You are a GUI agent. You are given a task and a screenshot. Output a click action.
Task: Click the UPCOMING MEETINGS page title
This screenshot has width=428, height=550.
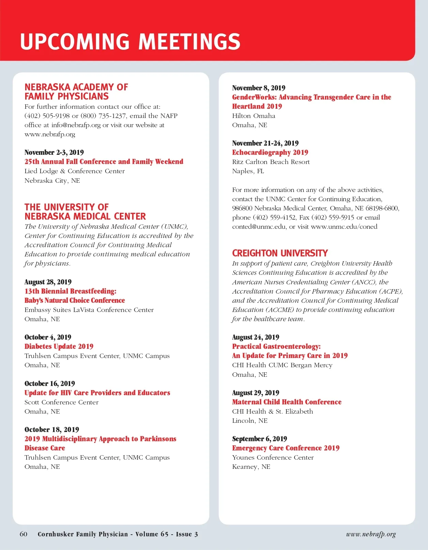[130, 42]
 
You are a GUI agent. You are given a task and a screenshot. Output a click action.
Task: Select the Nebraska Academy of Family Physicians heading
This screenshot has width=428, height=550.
[76, 92]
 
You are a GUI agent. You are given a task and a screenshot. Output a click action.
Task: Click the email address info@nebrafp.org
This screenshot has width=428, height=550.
[76, 125]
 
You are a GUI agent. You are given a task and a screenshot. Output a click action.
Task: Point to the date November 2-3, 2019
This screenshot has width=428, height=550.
[54, 152]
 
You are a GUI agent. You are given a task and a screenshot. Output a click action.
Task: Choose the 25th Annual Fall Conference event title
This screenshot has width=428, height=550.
[104, 162]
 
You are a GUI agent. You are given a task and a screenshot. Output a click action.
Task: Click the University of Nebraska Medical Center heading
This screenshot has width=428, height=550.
[85, 212]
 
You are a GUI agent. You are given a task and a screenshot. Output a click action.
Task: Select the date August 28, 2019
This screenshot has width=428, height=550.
[48, 282]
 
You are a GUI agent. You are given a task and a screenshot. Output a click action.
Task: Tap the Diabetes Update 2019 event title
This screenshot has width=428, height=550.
[59, 346]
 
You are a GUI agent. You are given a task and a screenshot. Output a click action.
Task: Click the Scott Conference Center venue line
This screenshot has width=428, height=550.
[61, 402]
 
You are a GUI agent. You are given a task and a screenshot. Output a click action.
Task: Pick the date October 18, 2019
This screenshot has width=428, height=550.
[52, 430]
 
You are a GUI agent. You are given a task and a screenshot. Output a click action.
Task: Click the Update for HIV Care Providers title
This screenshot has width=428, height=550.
[97, 393]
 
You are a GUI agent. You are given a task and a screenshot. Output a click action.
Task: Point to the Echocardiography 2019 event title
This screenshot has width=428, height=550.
[270, 152]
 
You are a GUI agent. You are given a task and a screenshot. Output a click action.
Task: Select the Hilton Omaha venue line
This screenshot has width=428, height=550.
[254, 116]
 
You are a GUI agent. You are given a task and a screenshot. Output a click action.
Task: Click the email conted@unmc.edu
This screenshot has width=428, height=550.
[259, 227]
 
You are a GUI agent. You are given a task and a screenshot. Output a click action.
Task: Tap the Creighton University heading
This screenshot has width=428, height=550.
[280, 253]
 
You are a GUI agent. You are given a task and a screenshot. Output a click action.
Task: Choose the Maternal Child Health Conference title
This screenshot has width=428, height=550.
[287, 402]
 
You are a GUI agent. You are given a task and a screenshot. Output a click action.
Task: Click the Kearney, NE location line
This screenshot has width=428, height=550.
[251, 467]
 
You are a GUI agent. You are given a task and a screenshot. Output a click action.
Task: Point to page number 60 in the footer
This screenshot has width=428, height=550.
[23, 534]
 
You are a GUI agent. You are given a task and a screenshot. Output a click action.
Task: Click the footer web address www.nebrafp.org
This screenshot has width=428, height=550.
[371, 534]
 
